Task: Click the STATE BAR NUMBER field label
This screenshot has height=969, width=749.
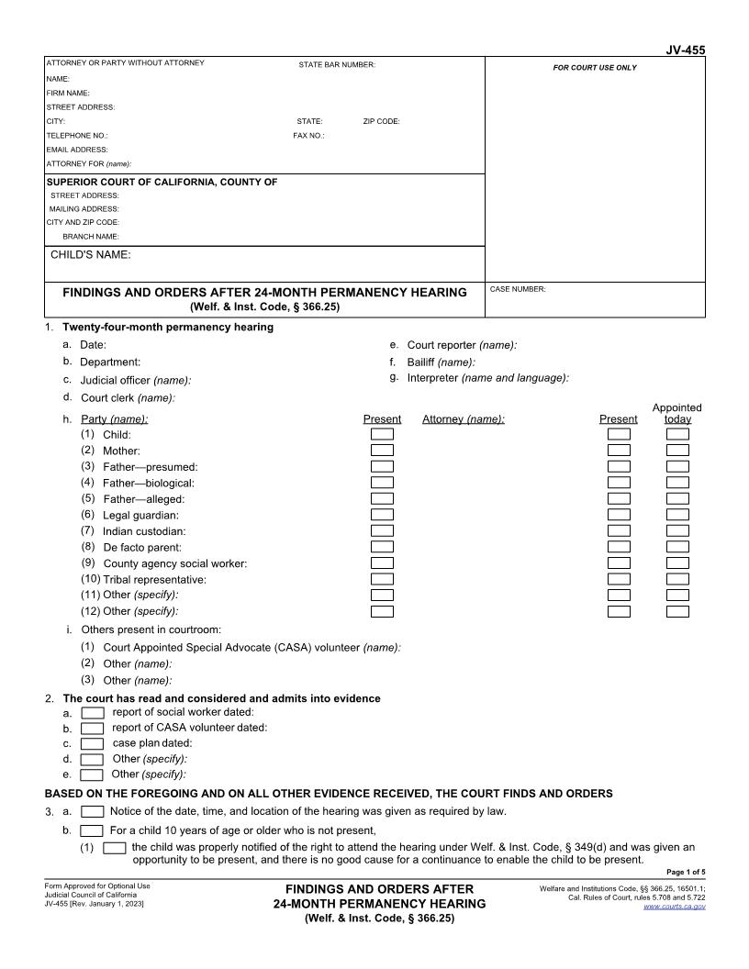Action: (x=337, y=64)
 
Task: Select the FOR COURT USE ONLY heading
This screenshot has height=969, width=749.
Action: (x=594, y=68)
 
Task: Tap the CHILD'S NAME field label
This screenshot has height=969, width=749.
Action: (x=90, y=254)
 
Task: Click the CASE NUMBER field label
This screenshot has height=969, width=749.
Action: (x=518, y=289)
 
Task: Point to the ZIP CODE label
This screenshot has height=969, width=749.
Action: (x=381, y=121)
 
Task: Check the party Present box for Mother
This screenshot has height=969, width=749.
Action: (x=382, y=451)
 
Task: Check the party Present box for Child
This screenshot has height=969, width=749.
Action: (x=382, y=434)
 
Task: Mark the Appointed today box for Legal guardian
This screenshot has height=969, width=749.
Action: (x=677, y=515)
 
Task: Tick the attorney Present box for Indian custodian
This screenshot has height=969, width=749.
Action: (x=620, y=530)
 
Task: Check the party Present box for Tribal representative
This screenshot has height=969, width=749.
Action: (x=382, y=579)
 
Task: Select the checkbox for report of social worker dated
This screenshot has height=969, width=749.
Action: (x=93, y=712)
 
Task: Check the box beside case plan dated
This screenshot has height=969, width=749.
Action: (x=93, y=743)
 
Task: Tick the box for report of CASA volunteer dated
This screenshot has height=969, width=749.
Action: (x=93, y=728)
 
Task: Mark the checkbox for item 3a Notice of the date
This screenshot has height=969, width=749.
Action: (x=93, y=811)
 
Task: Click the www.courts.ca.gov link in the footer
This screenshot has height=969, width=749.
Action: (x=675, y=907)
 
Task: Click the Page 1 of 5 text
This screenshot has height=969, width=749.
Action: (x=685, y=872)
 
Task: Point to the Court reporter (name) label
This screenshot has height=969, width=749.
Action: (x=462, y=345)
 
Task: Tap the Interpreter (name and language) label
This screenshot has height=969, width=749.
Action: (x=487, y=377)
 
